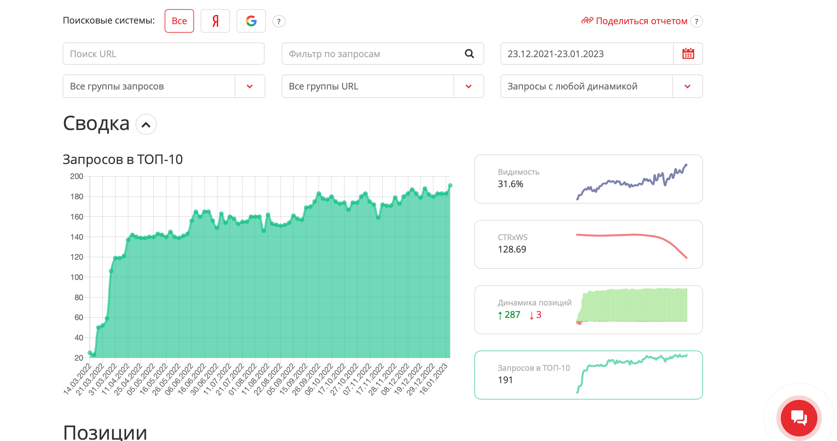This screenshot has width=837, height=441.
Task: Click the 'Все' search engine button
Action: (179, 21)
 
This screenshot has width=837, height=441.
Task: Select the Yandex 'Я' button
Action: (215, 21)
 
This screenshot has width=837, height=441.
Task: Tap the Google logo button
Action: (251, 21)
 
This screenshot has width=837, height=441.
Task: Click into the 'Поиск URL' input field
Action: (164, 54)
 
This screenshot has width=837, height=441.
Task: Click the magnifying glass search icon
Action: (469, 54)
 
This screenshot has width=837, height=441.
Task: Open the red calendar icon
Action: (688, 54)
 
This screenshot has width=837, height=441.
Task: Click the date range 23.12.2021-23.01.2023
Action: (555, 54)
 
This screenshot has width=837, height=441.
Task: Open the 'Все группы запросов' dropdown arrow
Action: (250, 86)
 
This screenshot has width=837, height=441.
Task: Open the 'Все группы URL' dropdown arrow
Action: (468, 86)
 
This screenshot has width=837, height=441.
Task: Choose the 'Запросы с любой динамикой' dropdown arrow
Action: (687, 86)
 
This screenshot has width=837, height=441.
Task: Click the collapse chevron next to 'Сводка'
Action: (146, 124)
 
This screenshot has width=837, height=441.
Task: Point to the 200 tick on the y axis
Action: (77, 176)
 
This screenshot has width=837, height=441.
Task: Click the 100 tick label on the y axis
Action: (77, 277)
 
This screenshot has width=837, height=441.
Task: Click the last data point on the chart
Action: (450, 186)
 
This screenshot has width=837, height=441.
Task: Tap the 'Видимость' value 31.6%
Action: (510, 184)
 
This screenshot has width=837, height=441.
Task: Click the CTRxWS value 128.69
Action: (512, 250)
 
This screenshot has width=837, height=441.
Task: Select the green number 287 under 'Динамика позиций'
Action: (512, 315)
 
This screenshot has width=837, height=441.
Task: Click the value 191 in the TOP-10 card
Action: (505, 380)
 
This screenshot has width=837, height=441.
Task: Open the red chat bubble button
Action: (799, 418)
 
